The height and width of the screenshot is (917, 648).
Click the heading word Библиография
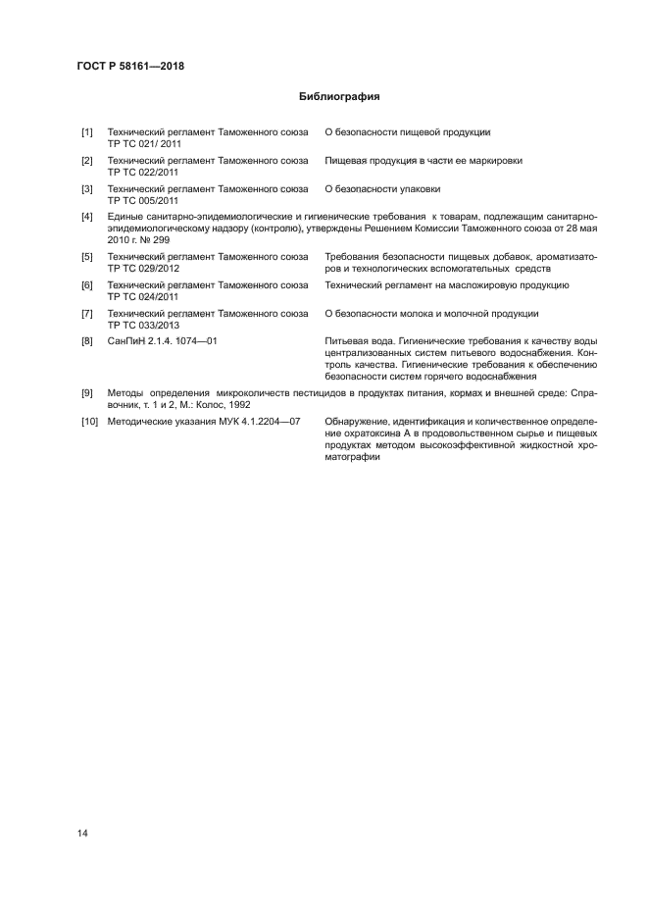click(x=338, y=97)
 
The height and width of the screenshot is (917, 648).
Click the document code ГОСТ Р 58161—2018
click(x=130, y=67)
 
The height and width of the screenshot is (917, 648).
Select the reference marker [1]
click(x=87, y=131)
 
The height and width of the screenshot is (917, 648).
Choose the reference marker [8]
click(x=87, y=340)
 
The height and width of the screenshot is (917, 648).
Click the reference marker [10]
click(x=89, y=421)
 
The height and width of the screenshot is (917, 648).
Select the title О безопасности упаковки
click(x=382, y=187)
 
